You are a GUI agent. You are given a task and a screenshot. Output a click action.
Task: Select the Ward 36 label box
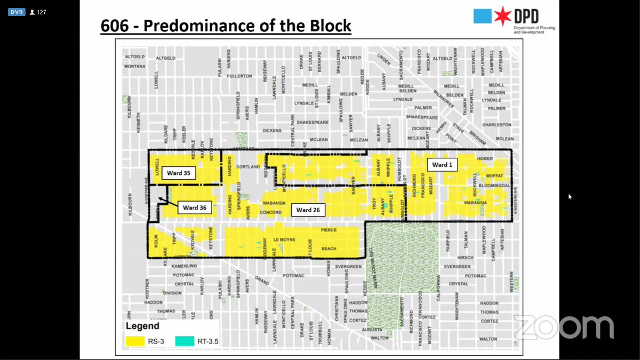pyautogui.click(x=195, y=207)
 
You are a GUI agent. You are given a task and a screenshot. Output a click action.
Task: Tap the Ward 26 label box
pyautogui.click(x=308, y=210)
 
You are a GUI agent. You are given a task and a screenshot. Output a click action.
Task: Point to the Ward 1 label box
pyautogui.click(x=442, y=165)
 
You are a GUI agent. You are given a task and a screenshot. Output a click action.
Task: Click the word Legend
pyautogui.click(x=142, y=325)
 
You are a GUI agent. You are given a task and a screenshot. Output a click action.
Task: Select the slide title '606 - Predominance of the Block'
pyautogui.click(x=226, y=26)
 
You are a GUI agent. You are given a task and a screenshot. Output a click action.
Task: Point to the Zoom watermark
pyautogui.click(x=563, y=326)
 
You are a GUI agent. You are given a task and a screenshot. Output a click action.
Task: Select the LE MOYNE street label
pyautogui.click(x=284, y=239)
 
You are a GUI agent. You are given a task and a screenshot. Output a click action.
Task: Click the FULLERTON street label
pyautogui.click(x=239, y=76)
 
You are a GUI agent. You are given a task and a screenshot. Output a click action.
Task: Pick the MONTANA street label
pyautogui.click(x=134, y=67)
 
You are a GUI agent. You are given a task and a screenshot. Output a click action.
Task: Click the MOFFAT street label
pyautogui.click(x=494, y=175)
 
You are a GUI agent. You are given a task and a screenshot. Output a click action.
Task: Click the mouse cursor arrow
pyautogui.click(x=570, y=197)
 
